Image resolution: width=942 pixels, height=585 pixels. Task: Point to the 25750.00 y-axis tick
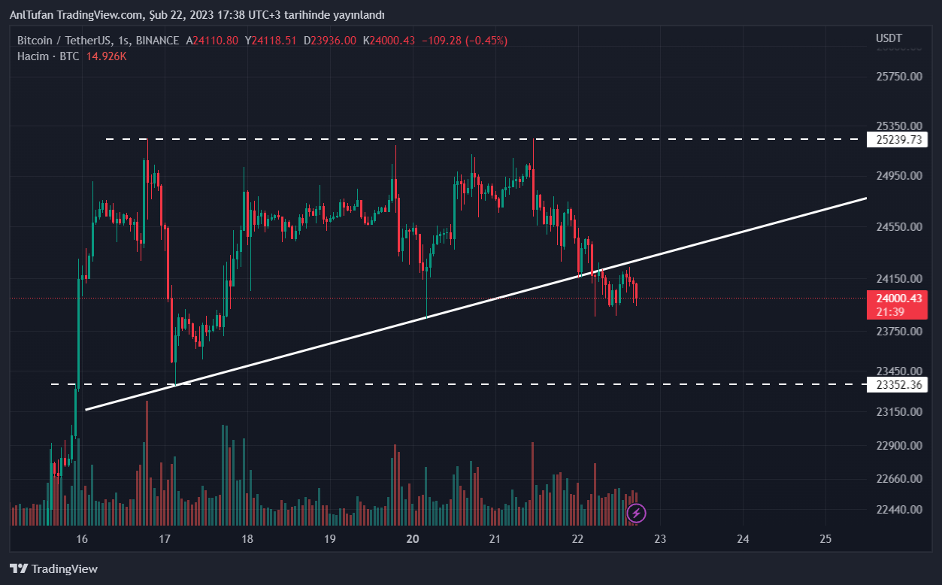899,76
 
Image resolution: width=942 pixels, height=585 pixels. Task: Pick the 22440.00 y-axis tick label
899,509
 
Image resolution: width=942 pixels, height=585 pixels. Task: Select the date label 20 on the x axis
412,538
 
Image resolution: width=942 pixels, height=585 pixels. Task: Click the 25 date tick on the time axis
825,538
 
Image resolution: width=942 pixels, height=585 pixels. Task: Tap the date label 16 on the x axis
82,538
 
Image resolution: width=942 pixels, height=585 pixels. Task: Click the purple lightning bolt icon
637,514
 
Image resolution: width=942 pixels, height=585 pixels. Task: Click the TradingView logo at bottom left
53,569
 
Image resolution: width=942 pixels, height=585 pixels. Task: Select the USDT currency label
889,38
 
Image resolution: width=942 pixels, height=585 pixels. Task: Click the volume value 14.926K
106,56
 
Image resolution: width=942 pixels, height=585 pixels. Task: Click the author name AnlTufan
31,15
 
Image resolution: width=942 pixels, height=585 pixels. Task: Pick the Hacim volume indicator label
33,56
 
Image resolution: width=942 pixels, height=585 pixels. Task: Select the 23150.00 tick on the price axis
899,411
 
